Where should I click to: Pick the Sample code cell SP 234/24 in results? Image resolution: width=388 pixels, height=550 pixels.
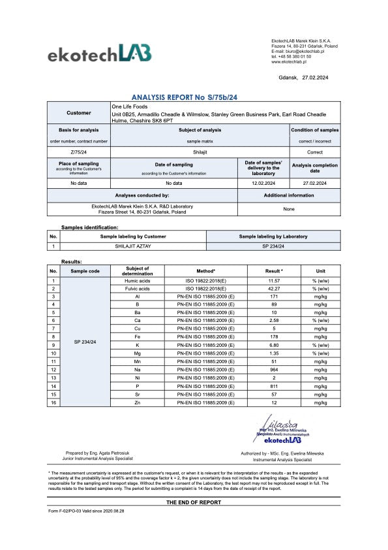85,342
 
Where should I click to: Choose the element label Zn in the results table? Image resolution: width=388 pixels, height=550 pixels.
137,402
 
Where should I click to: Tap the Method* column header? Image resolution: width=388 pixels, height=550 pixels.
205,270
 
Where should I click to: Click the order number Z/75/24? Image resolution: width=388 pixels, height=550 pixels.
79,150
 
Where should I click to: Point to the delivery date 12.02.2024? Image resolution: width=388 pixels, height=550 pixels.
263,184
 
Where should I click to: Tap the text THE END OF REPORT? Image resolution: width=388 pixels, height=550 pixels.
194,502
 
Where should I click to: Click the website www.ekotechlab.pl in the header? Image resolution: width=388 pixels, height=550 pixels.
290,61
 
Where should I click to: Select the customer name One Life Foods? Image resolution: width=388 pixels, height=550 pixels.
130,106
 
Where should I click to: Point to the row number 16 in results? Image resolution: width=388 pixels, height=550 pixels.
54,402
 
